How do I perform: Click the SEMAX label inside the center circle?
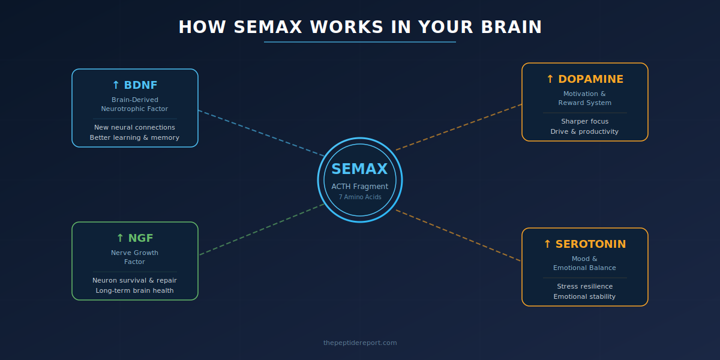[360, 169]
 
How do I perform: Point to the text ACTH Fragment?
[360, 187]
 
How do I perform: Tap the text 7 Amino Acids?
[360, 197]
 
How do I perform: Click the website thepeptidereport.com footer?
[360, 343]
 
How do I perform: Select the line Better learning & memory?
[134, 137]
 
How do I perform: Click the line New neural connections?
[134, 127]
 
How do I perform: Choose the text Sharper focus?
[584, 121]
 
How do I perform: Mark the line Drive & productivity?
[584, 131]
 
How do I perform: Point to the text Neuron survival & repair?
[134, 280]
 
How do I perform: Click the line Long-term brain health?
[134, 290]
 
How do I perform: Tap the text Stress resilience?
[584, 286]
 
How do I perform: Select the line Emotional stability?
[584, 296]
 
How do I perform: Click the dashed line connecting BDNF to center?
[261, 133]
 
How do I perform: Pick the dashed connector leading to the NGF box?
[261, 230]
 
